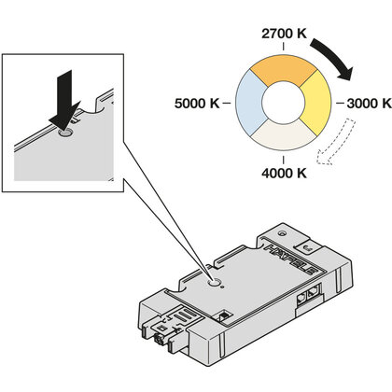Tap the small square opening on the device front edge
[225, 315]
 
